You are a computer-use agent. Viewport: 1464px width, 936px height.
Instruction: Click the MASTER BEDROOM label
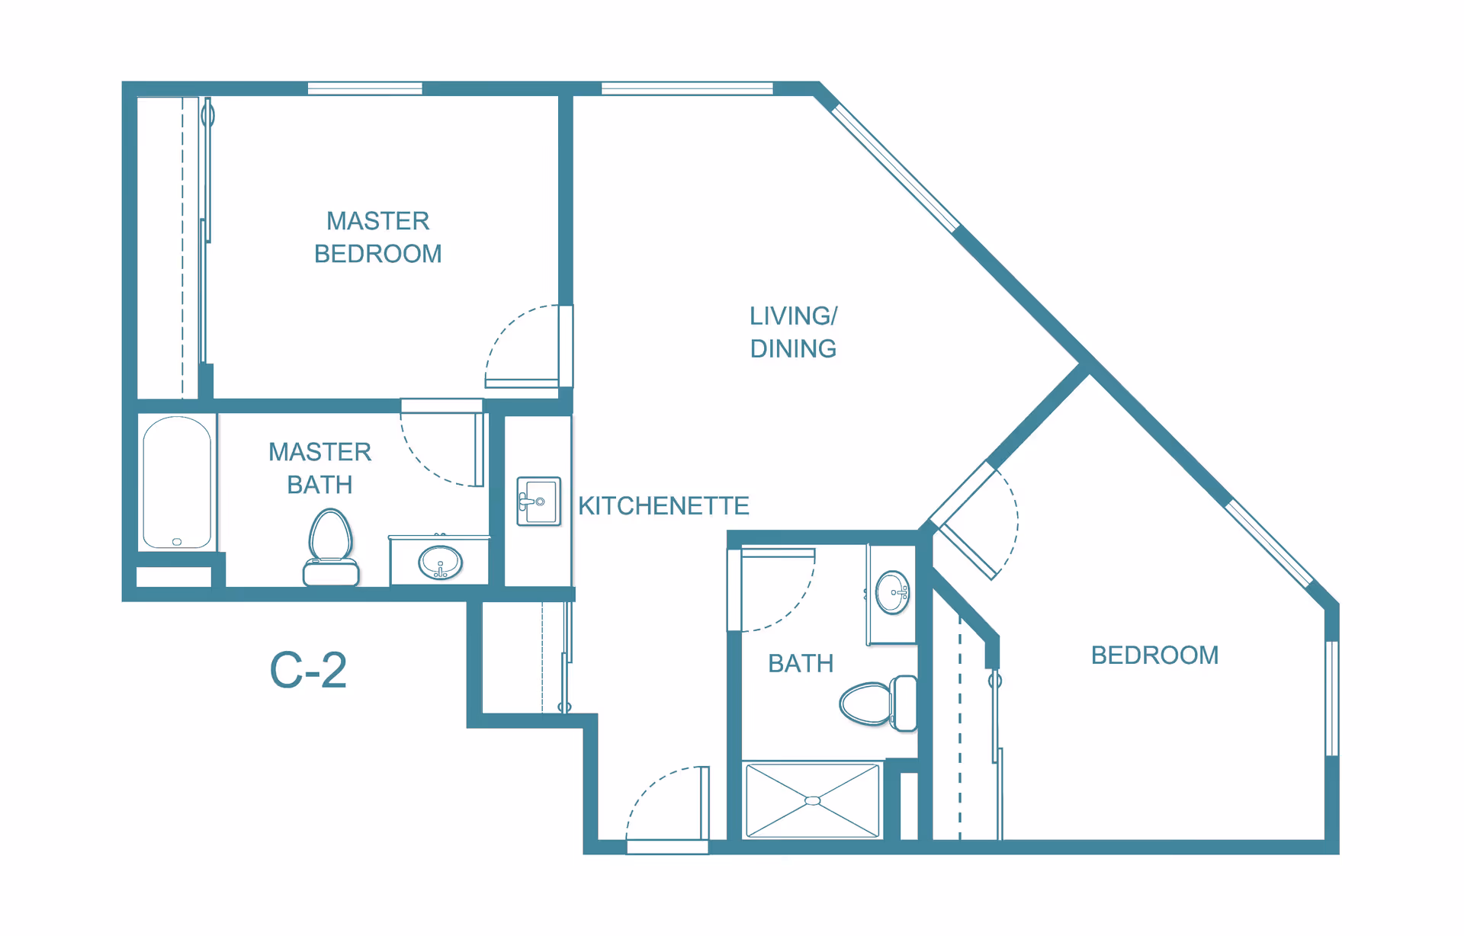(377, 237)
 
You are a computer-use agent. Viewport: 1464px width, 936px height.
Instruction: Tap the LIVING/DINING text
(793, 332)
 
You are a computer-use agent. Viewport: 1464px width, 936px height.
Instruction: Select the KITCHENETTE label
(663, 505)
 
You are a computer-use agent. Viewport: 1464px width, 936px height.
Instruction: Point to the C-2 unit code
(308, 671)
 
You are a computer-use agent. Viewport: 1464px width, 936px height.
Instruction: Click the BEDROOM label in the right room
(1154, 655)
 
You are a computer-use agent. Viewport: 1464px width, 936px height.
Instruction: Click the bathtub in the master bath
(177, 482)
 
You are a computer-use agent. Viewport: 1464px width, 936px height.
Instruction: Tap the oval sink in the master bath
(440, 563)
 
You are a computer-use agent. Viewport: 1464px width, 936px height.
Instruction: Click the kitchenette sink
(538, 501)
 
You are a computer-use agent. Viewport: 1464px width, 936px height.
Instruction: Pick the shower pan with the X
(812, 800)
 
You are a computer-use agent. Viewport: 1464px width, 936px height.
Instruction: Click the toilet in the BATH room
(877, 703)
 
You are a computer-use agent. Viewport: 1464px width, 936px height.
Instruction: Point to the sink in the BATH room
(892, 592)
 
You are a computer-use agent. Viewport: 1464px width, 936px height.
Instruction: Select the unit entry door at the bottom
(668, 808)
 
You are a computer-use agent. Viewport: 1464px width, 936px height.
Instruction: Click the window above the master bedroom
(364, 88)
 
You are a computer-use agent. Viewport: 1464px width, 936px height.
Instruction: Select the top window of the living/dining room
(686, 88)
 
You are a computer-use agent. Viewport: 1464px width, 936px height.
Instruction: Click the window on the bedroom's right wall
(1331, 697)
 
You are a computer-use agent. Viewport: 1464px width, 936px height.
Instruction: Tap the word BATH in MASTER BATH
(319, 485)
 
